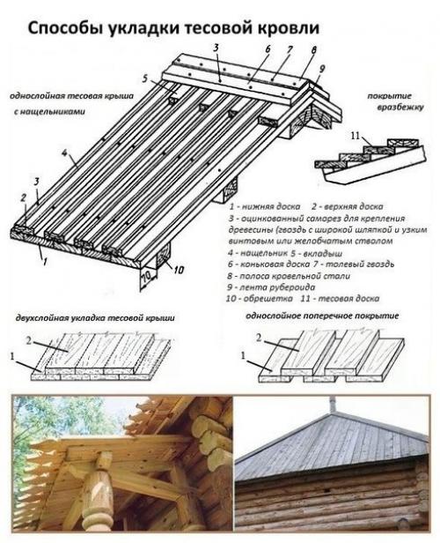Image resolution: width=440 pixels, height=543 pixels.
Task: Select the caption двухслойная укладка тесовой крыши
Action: (95, 316)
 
